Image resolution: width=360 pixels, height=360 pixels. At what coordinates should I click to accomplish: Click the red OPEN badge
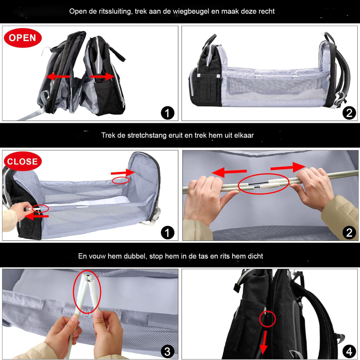coord(23,38)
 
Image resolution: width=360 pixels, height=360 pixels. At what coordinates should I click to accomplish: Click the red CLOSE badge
coord(22,161)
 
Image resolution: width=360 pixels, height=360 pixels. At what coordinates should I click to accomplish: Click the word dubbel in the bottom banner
coord(135,256)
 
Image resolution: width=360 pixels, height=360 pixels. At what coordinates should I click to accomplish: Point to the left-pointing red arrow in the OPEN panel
coord(58,76)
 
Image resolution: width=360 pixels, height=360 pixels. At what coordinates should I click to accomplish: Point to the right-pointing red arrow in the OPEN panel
coord(102,76)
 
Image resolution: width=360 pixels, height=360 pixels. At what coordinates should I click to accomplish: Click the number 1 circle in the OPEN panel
coord(167,113)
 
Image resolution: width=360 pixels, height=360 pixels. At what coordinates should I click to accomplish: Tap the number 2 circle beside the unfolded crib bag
coord(349,113)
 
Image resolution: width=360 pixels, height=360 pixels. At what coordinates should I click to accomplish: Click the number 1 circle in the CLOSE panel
coord(167,232)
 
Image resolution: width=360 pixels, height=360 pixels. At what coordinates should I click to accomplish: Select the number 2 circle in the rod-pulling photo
coord(349,232)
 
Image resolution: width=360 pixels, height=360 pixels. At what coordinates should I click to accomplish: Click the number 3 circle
coord(167,352)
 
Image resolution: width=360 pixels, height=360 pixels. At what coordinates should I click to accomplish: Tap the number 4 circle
coord(349,352)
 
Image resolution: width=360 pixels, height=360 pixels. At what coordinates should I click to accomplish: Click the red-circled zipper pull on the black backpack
coord(268,319)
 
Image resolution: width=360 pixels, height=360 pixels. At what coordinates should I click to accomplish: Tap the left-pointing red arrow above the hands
coord(229,172)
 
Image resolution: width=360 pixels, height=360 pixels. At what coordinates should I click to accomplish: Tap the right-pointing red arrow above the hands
coord(288,167)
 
